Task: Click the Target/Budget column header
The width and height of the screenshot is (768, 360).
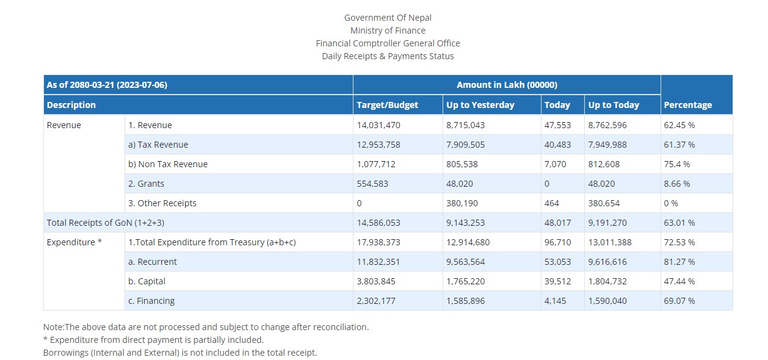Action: tap(387, 105)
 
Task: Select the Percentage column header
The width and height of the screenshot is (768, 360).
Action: tap(688, 105)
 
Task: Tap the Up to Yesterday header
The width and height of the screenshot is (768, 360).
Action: tap(480, 105)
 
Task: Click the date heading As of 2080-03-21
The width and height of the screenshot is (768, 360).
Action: tap(107, 85)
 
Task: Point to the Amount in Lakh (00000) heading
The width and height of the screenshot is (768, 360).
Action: tap(507, 85)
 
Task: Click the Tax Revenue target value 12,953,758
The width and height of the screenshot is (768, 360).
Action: tap(378, 145)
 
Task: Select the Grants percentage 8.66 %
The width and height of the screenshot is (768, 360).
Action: tap(677, 184)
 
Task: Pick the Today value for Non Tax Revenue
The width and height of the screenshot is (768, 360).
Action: tap(555, 164)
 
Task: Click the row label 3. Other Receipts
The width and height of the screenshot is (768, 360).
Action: tap(162, 203)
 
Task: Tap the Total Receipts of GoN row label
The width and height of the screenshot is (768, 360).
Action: tap(105, 223)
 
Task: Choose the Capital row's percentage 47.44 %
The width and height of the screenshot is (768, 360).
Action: tap(679, 281)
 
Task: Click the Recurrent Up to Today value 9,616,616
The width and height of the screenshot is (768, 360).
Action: tap(607, 262)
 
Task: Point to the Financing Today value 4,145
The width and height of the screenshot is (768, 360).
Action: tap(555, 301)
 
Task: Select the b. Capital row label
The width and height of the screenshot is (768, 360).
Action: tap(147, 281)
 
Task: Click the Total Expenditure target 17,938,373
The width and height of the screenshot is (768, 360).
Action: tap(378, 242)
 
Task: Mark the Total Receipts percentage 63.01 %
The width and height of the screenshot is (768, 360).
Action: tap(679, 223)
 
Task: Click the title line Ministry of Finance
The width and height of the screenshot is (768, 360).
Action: tap(388, 31)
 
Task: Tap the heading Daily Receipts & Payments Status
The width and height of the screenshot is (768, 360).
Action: tap(388, 56)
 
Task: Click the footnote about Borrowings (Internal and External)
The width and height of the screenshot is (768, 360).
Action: tap(180, 353)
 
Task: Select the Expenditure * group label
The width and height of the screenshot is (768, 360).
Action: tap(74, 242)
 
